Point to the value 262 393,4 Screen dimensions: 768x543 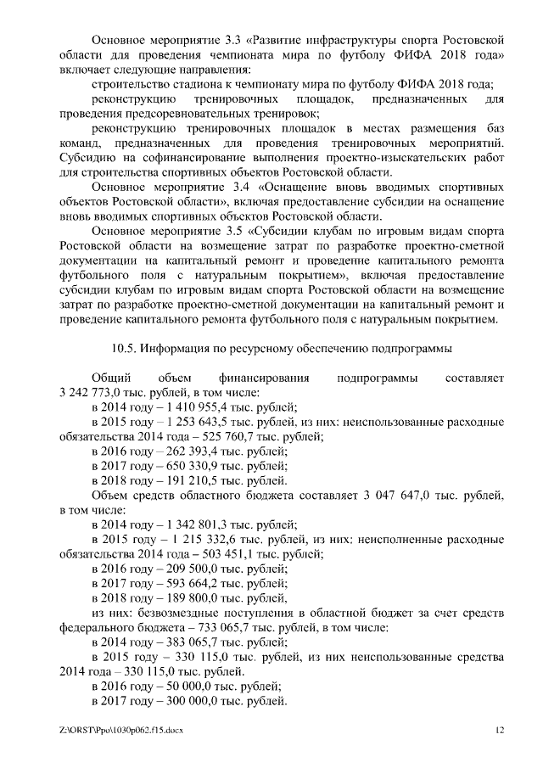coord(180,452)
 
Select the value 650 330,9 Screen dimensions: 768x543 coord(180,467)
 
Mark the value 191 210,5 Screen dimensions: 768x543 coord(180,481)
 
